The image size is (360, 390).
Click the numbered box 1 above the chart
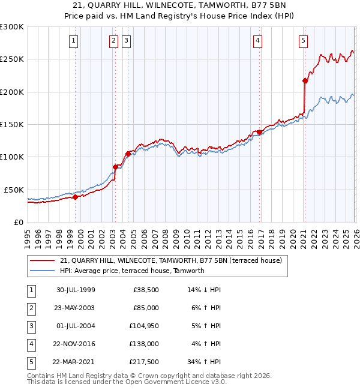click(x=73, y=41)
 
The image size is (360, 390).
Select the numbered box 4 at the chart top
click(x=257, y=41)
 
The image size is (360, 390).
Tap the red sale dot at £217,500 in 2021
click(x=305, y=80)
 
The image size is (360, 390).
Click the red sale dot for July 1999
click(x=76, y=197)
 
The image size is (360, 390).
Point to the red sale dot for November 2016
click(x=259, y=132)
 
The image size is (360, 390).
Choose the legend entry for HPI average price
click(x=132, y=271)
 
